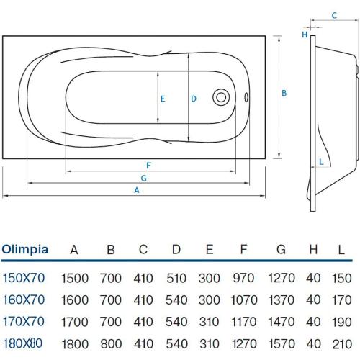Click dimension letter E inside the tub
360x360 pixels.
click(x=164, y=99)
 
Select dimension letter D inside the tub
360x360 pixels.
click(x=194, y=99)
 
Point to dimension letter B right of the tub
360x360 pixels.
click(x=285, y=93)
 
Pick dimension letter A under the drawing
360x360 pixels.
click(x=136, y=190)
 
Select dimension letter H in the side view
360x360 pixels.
click(x=305, y=34)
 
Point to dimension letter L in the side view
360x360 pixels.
click(x=320, y=161)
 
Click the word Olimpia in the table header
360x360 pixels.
click(x=25, y=250)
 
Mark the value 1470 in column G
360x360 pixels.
click(x=281, y=322)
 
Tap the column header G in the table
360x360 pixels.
click(x=281, y=250)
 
